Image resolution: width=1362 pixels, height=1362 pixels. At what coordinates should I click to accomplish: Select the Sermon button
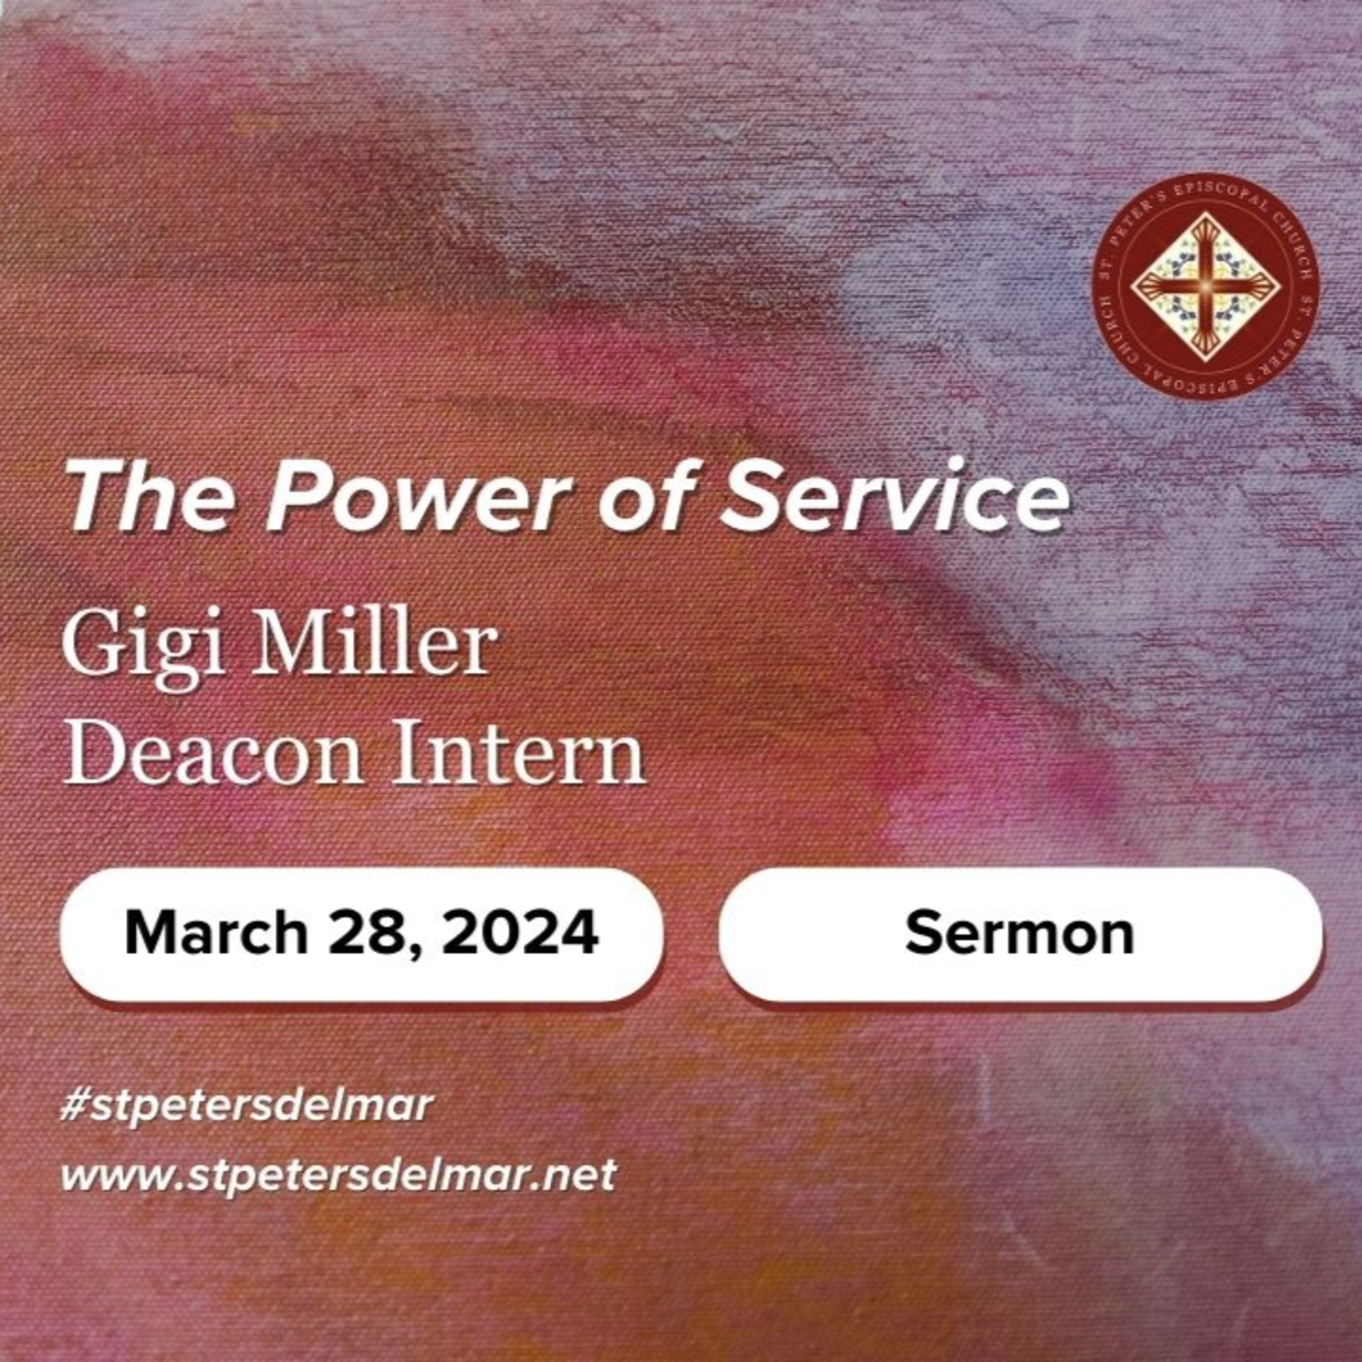click(1020, 933)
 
